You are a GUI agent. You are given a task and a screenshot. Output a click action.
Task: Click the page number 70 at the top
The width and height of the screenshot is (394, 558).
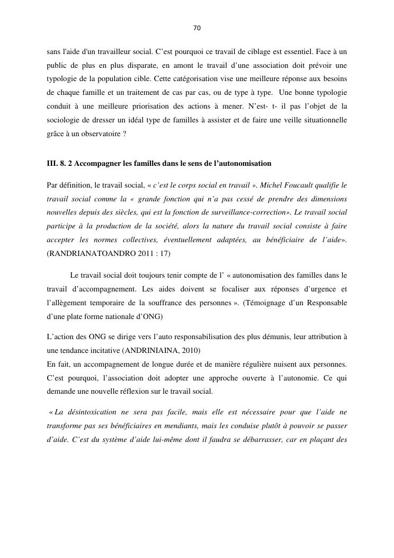197,28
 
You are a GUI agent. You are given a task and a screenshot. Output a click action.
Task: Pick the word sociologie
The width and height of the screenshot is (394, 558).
64,121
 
